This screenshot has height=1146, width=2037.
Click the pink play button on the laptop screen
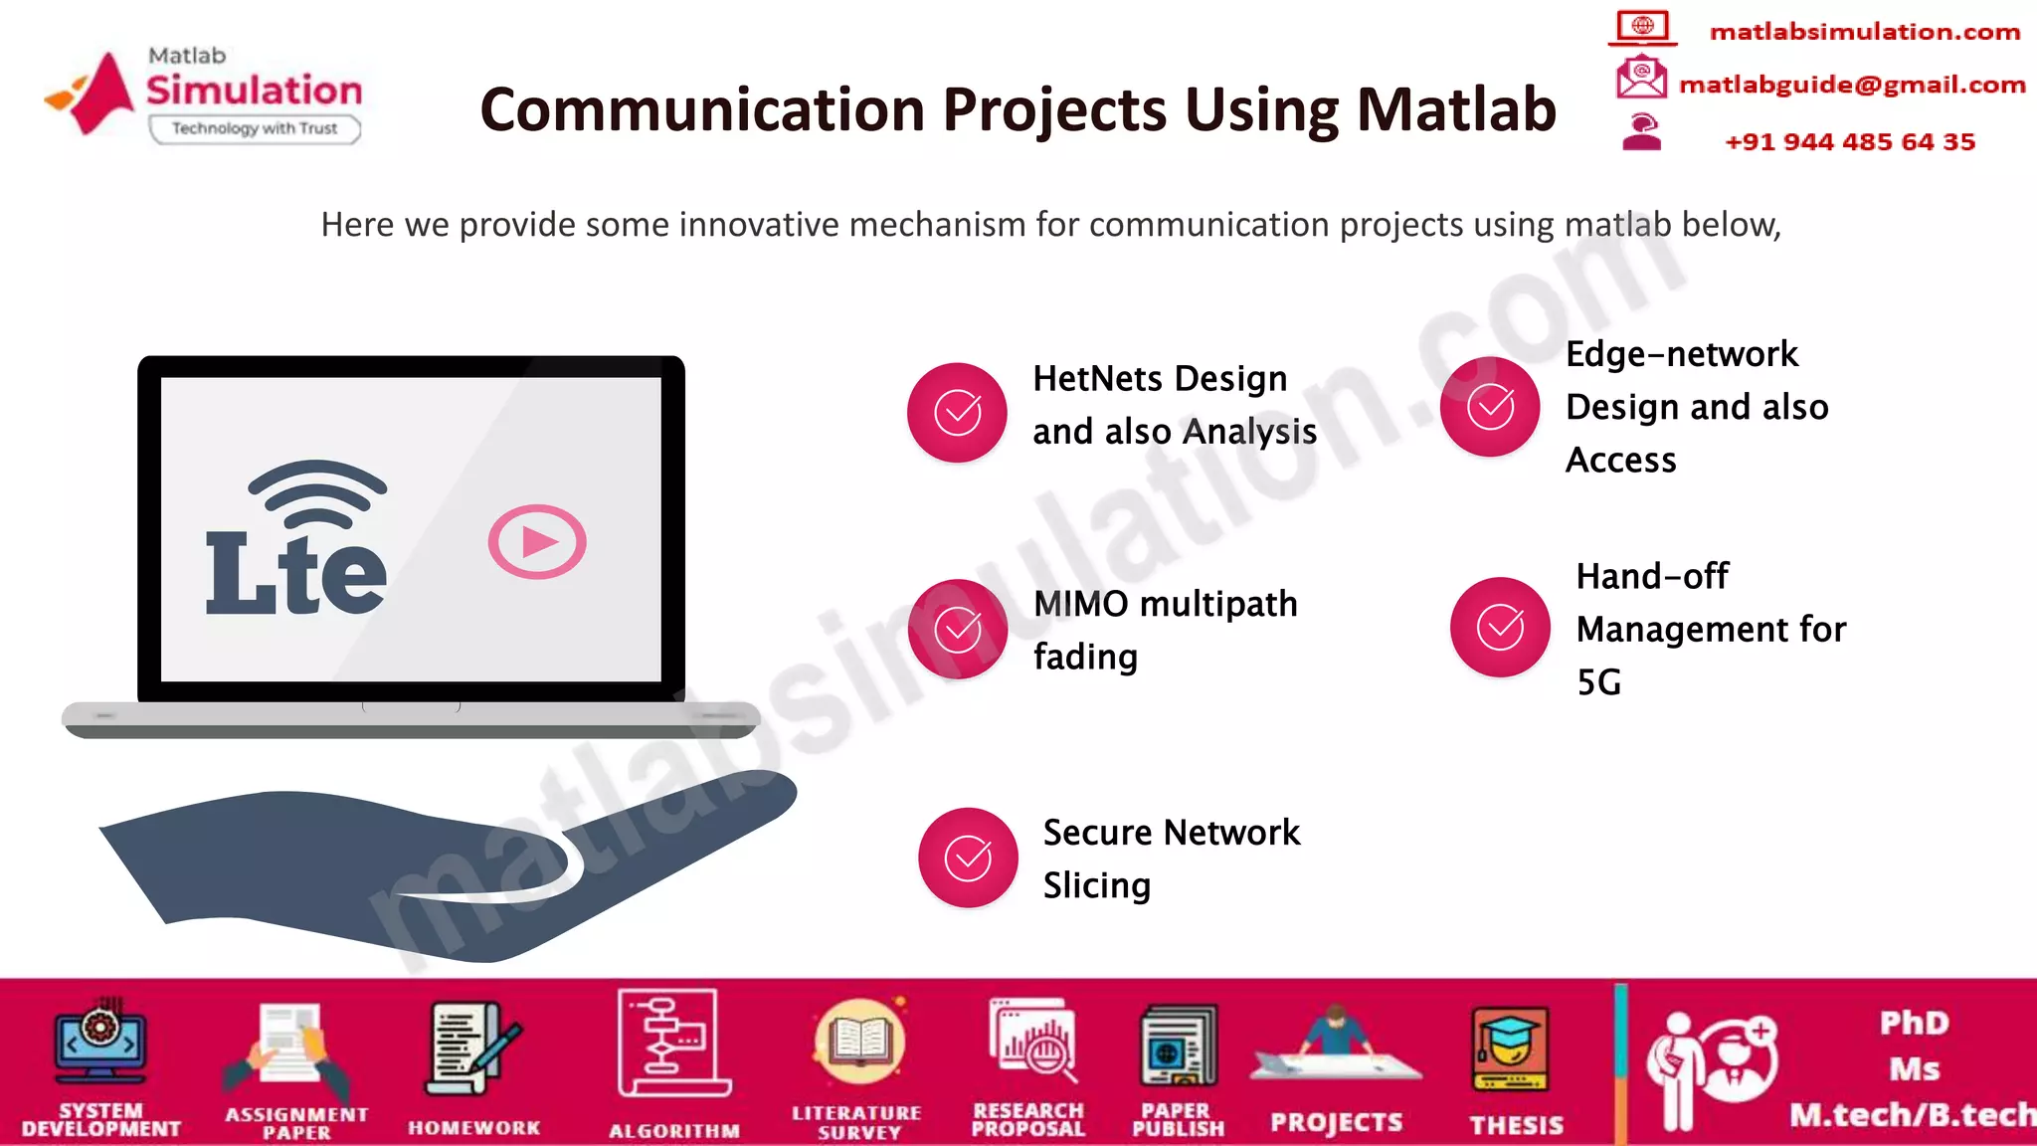point(537,542)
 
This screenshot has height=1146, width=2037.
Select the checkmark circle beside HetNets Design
point(957,412)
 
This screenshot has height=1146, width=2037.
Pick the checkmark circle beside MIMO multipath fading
point(957,629)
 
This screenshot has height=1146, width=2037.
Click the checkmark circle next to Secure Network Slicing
point(967,858)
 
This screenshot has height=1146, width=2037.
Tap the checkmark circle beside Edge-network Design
point(1490,407)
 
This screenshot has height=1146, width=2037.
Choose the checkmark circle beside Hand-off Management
point(1500,627)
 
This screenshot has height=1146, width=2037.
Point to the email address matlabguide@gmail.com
point(1852,85)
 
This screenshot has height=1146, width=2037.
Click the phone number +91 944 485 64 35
point(1850,141)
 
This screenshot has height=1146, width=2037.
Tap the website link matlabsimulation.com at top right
point(1865,32)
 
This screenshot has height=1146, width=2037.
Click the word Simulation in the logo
point(255,91)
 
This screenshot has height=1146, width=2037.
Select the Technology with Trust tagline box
point(255,128)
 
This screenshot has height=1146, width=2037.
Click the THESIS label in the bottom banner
point(1517,1125)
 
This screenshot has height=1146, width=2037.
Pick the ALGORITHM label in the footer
point(674,1131)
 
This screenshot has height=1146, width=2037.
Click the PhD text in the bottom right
point(1914,1023)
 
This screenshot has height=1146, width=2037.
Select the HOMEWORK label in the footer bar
point(474,1127)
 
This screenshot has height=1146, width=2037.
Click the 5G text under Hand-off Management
point(1599,682)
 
